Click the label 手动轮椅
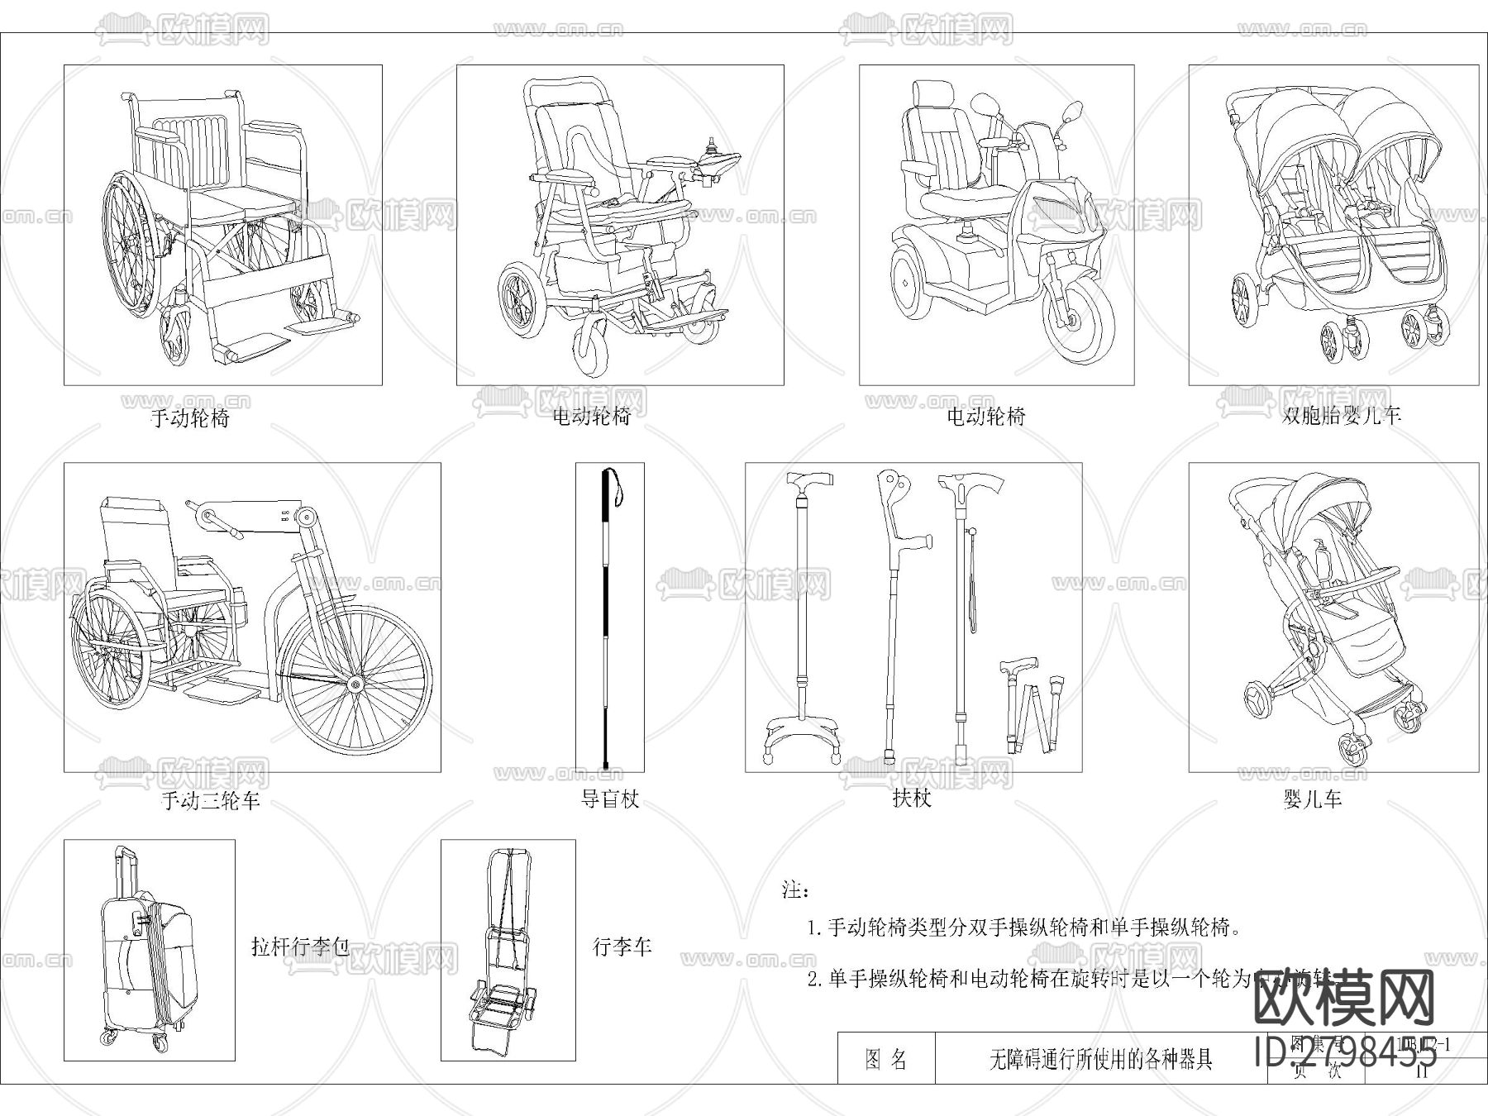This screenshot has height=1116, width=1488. [x=190, y=417]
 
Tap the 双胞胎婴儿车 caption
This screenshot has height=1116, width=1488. [x=1341, y=415]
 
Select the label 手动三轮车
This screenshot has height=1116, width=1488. [x=210, y=800]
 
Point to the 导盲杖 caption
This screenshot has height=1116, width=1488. [x=610, y=799]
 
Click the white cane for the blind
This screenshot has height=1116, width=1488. [x=609, y=620]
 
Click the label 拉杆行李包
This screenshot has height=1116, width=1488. [x=300, y=946]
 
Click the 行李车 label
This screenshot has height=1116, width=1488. [x=622, y=946]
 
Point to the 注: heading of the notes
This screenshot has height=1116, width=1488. [x=795, y=890]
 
